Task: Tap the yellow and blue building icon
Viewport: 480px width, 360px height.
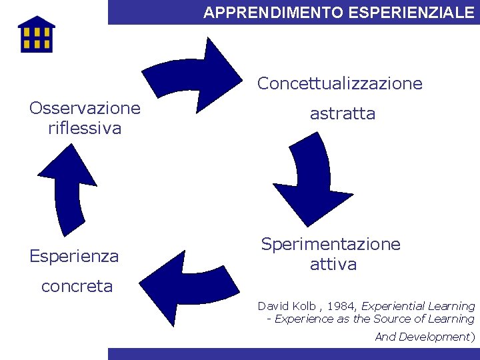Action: (x=36, y=34)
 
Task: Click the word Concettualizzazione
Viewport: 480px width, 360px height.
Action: (x=340, y=83)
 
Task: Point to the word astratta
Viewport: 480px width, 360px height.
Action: (x=343, y=114)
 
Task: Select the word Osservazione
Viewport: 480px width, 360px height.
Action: (x=85, y=108)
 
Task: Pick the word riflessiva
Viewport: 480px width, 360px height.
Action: (x=85, y=128)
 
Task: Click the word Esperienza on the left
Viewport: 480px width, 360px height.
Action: (x=74, y=256)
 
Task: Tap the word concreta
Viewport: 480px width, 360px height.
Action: (x=77, y=287)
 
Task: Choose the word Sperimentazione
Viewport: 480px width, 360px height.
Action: (x=331, y=244)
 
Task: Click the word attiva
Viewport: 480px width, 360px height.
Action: (x=333, y=265)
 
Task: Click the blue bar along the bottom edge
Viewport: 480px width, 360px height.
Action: (x=293, y=354)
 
